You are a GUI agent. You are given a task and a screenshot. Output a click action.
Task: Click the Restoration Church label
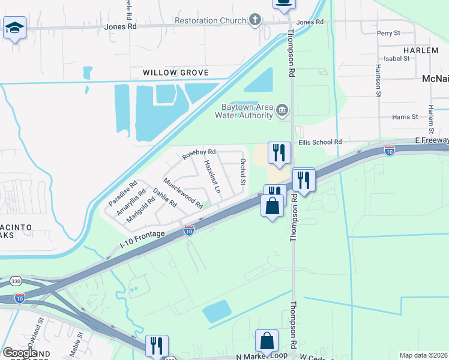[210, 20]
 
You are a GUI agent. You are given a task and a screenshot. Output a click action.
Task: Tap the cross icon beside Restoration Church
[256, 20]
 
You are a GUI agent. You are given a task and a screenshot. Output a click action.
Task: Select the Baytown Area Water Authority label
[244, 111]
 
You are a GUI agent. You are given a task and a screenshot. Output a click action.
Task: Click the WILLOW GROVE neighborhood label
[175, 73]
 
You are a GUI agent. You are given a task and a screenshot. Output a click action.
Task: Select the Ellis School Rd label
[319, 142]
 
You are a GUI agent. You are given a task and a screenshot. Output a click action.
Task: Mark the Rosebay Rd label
[199, 153]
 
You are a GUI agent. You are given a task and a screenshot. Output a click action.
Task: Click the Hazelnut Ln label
[212, 176]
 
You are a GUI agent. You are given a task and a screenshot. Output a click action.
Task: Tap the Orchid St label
[243, 172]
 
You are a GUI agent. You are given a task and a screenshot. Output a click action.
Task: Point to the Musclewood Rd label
[183, 191]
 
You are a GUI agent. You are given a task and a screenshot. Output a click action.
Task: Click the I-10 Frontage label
[141, 239]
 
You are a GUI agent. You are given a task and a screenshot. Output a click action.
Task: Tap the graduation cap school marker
[14, 27]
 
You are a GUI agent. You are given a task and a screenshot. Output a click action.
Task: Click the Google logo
[19, 353]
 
